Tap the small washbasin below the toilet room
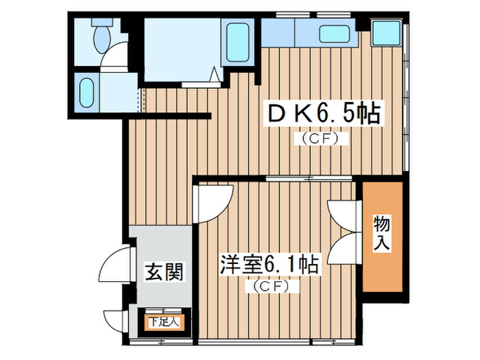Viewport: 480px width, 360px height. click(87, 90)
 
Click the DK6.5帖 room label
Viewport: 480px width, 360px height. click(322, 113)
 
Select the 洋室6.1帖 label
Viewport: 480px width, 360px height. click(269, 265)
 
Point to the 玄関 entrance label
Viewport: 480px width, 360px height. click(163, 273)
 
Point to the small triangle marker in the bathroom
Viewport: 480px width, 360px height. click(215, 75)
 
